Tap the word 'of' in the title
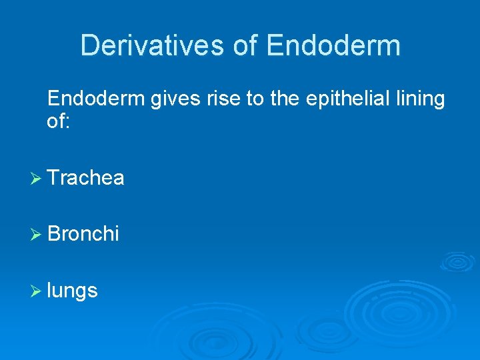(246, 45)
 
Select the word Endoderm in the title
(333, 45)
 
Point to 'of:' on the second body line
(57, 121)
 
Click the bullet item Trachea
(86, 178)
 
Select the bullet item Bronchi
(83, 234)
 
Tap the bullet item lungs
(73, 291)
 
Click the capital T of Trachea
(54, 178)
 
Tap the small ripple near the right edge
(457, 261)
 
